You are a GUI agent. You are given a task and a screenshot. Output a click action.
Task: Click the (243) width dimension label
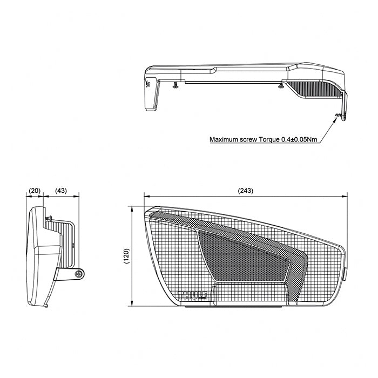pyautogui.click(x=245, y=191)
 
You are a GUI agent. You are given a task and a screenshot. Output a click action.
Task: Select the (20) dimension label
pyautogui.click(x=35, y=191)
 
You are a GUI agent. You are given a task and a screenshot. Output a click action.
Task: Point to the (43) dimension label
pyautogui.click(x=61, y=191)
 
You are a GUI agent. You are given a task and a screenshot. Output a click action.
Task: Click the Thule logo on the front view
pyautogui.click(x=193, y=295)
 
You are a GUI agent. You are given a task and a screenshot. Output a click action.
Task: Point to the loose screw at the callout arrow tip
pyautogui.click(x=338, y=116)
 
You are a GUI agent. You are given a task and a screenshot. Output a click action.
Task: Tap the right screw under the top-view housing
pyautogui.click(x=280, y=85)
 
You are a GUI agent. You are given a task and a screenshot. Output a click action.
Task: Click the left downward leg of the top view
pyautogui.click(x=151, y=94)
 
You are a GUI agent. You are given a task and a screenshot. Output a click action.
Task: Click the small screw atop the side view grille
pyautogui.click(x=48, y=218)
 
